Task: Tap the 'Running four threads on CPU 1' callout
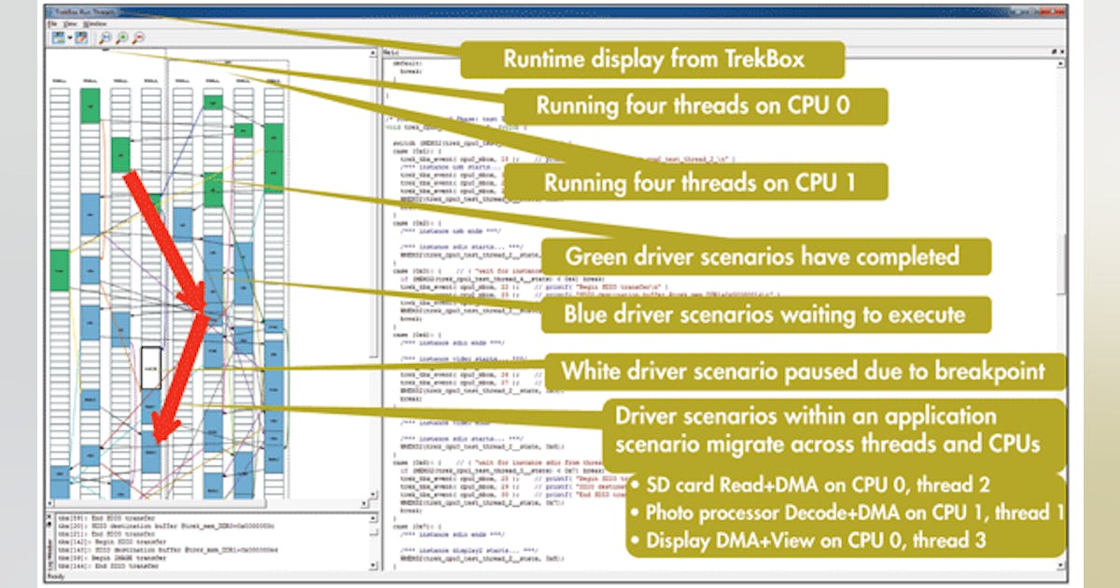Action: pyautogui.click(x=699, y=179)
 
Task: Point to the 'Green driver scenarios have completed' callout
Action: pyautogui.click(x=763, y=255)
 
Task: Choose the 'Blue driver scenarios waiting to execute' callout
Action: pyautogui.click(x=763, y=314)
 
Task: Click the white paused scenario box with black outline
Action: pyautogui.click(x=150, y=369)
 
